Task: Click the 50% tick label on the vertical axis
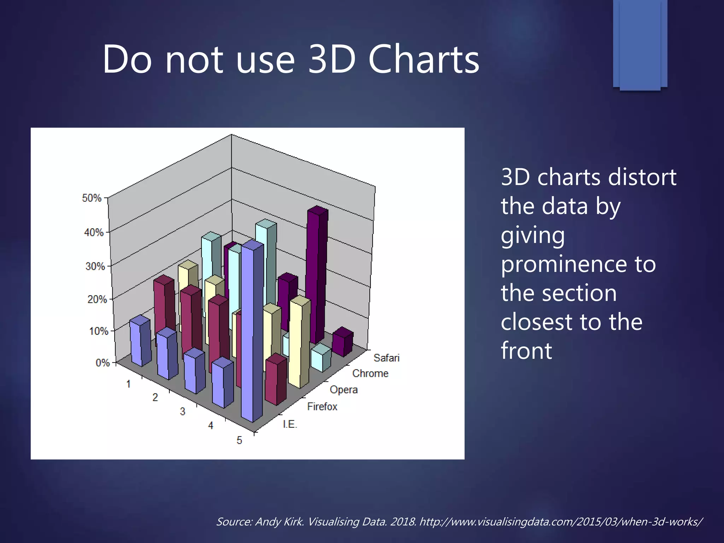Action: tap(92, 198)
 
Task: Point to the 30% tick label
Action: tap(95, 266)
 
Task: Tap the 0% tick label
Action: tap(103, 363)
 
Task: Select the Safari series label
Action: tap(386, 358)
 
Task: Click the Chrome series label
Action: tap(370, 374)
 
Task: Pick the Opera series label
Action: tap(344, 390)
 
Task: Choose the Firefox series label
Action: tap(322, 407)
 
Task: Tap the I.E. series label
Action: tap(290, 424)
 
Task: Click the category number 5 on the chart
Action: tap(239, 440)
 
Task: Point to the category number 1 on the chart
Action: tap(129, 384)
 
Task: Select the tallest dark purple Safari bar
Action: tap(316, 276)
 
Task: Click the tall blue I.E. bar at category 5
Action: tap(252, 332)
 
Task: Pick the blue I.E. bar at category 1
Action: tap(140, 341)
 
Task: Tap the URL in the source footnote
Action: tap(561, 522)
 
